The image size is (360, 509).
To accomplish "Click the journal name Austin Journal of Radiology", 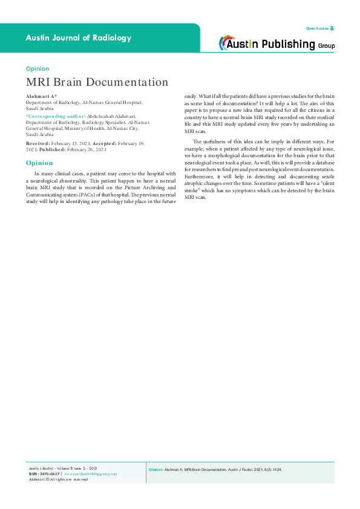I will click(78, 37).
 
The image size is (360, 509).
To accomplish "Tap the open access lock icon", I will click(332, 28).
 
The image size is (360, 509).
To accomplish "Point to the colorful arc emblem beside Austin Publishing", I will click(227, 43).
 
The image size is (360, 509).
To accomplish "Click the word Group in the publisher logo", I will click(326, 45).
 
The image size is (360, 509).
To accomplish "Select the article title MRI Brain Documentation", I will click(97, 82).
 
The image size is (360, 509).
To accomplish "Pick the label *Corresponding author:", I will click(56, 115).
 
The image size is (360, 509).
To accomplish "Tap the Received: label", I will click(39, 143).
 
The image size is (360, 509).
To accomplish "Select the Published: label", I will click(51, 149).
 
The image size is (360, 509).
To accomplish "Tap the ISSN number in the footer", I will click(49, 474).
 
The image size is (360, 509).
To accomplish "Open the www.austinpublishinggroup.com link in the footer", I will click(90, 474).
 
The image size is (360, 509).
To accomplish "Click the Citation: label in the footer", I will click(156, 469).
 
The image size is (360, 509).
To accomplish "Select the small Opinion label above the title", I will click(38, 69).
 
